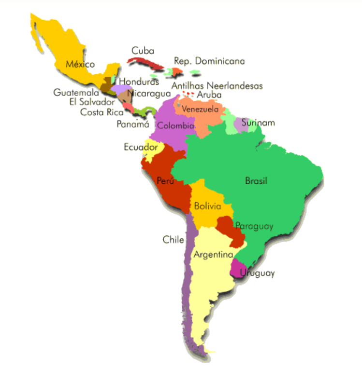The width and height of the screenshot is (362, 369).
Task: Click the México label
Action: pos(80,64)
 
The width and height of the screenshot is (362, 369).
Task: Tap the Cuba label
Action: pos(143,50)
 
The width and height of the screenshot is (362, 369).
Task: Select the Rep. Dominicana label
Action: pos(209,61)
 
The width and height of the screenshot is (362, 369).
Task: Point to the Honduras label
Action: pos(139,82)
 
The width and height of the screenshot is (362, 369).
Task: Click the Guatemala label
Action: pos(76,92)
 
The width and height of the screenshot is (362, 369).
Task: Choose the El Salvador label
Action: pos(92,102)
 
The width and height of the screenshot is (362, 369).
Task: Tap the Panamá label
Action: pos(133,124)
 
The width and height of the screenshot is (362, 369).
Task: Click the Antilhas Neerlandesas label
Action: pos(217,86)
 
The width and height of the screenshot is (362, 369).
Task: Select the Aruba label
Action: pos(209,95)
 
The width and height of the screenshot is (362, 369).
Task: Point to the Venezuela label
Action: pos(200,109)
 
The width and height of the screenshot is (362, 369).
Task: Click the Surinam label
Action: pos(258,123)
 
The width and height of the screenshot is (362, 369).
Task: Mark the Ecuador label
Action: pos(141,147)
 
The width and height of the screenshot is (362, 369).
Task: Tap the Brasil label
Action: pos(256,181)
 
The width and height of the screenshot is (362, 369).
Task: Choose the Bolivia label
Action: pos(208,206)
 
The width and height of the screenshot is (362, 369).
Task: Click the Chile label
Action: pos(173,239)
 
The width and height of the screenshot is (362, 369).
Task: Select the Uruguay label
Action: pos(258,273)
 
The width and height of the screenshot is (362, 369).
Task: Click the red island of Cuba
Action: pos(145,63)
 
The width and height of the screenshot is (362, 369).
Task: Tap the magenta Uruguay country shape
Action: pos(236,267)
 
